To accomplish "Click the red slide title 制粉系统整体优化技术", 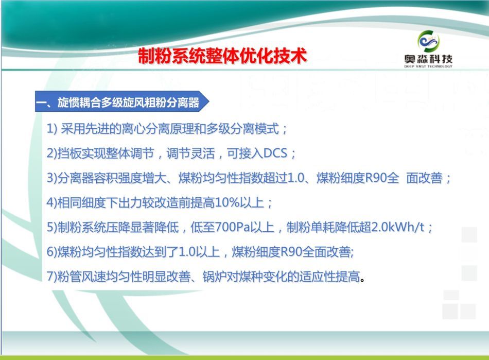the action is (222, 56).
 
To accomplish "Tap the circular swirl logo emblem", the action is (428, 42).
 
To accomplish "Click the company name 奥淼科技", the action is (428, 59).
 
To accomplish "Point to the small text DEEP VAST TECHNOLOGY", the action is (428, 66).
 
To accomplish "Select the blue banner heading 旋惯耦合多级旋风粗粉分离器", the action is (128, 102).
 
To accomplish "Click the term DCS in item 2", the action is (275, 153).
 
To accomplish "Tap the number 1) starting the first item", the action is (52, 129).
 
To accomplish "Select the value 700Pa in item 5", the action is (233, 227).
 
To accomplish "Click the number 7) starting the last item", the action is (52, 277).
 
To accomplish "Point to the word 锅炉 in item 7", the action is (215, 277).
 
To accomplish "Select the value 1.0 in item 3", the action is (295, 178).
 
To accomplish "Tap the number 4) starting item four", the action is (52, 202).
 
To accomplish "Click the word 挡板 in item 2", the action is (69, 153).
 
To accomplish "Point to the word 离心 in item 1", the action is (133, 129).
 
